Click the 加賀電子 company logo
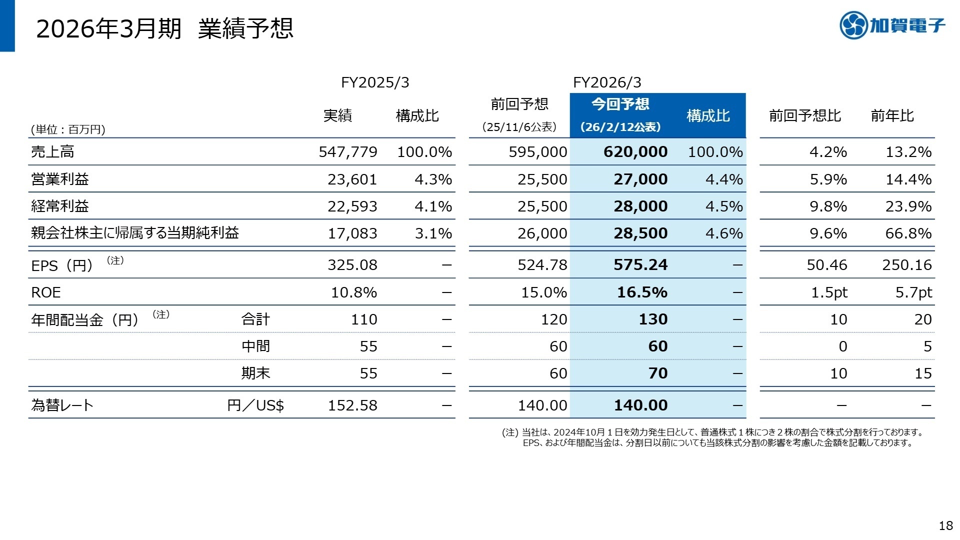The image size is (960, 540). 892,25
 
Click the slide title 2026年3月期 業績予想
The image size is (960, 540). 164,28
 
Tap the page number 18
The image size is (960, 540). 945,525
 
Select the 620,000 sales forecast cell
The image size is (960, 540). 635,152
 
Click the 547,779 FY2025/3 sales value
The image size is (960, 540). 348,152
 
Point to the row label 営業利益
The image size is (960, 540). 60,179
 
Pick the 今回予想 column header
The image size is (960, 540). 620,104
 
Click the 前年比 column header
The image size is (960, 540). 892,116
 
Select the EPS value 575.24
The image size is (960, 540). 640,265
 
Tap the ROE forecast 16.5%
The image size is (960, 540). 642,292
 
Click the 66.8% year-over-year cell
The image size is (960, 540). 908,233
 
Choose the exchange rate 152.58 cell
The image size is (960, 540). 352,405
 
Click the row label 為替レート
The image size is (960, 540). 62,405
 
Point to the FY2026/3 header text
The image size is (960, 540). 607,82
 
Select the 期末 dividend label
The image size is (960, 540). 255,373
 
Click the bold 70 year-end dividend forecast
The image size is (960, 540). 658,373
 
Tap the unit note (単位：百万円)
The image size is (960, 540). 68,130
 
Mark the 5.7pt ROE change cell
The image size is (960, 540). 913,292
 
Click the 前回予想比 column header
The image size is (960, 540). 804,116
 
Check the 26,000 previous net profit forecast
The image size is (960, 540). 542,233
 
